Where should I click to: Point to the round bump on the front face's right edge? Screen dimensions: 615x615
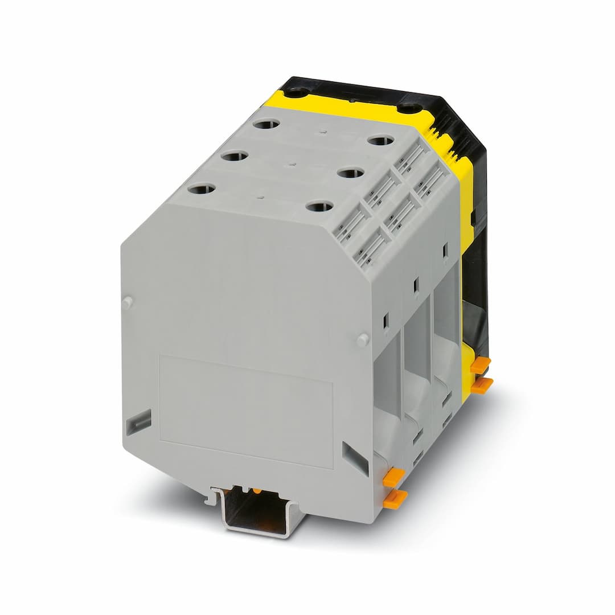362,340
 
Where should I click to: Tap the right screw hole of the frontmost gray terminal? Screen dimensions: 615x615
319,206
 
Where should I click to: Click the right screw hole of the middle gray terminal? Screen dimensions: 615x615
350,171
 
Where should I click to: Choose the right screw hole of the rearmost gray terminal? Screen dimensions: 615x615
381,140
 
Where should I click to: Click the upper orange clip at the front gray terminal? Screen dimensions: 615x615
393,477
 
